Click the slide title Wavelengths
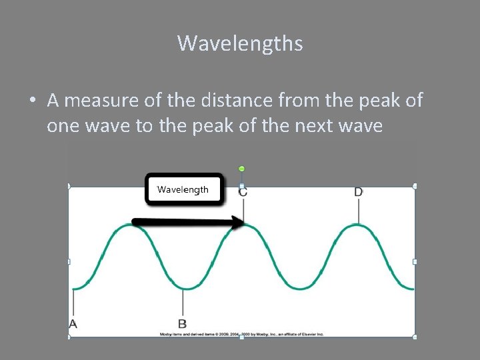click(240, 44)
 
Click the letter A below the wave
click(73, 323)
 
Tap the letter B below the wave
click(183, 323)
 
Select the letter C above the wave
click(243, 193)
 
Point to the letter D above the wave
click(359, 193)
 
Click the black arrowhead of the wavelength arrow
click(238, 223)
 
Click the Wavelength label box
click(183, 189)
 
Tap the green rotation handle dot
click(242, 169)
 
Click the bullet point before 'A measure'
click(32, 101)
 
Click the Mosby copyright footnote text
click(241, 333)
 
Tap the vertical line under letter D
click(359, 211)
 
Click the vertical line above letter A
click(73, 303)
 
